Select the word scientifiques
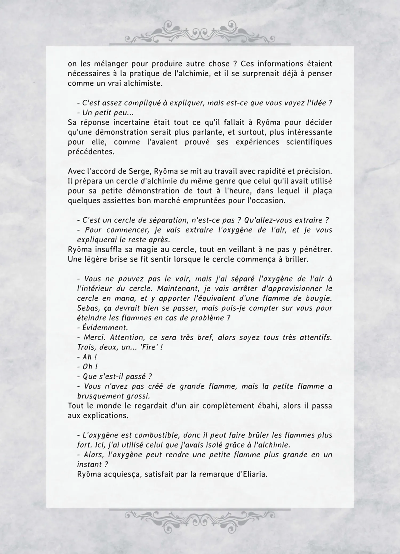(309, 142)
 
